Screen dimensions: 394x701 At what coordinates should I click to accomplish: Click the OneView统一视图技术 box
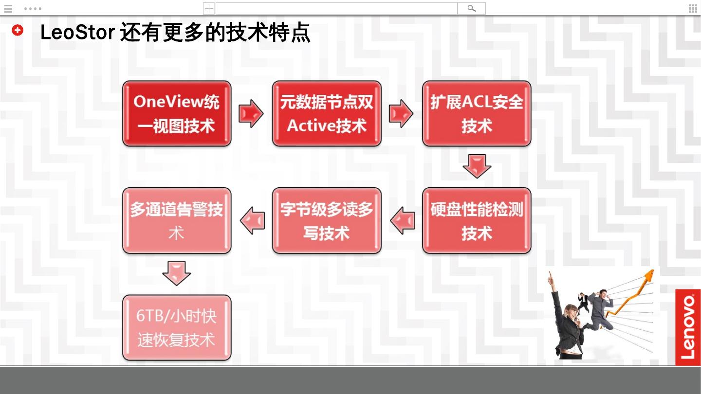(x=176, y=113)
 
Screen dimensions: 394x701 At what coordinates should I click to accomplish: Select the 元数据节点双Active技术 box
(x=326, y=113)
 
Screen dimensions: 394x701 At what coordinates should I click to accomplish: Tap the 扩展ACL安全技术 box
(x=476, y=113)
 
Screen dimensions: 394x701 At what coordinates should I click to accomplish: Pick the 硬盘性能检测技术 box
(x=476, y=220)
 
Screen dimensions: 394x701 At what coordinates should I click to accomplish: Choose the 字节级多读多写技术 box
(x=326, y=220)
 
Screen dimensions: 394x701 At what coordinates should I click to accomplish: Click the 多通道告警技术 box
(x=176, y=220)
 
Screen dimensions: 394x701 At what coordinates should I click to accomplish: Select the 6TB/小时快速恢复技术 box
(x=176, y=327)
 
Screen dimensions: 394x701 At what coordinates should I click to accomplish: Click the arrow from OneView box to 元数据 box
(x=251, y=113)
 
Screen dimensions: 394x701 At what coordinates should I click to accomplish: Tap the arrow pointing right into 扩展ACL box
(x=401, y=113)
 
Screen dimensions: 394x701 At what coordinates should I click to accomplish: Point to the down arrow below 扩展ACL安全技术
(x=477, y=166)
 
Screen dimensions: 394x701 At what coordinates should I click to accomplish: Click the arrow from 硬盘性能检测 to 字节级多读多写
(x=403, y=220)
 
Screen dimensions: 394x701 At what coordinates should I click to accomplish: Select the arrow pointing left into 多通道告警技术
(x=253, y=220)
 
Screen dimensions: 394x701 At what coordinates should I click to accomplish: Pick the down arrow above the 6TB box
(x=176, y=273)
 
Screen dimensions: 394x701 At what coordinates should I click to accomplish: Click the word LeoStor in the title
(x=77, y=33)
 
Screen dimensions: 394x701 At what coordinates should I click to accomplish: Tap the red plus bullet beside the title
(x=18, y=30)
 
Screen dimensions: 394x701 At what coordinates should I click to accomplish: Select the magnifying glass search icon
(x=471, y=8)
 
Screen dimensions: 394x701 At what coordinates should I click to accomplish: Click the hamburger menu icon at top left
(x=8, y=8)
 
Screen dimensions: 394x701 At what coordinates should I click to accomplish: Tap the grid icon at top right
(x=693, y=8)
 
